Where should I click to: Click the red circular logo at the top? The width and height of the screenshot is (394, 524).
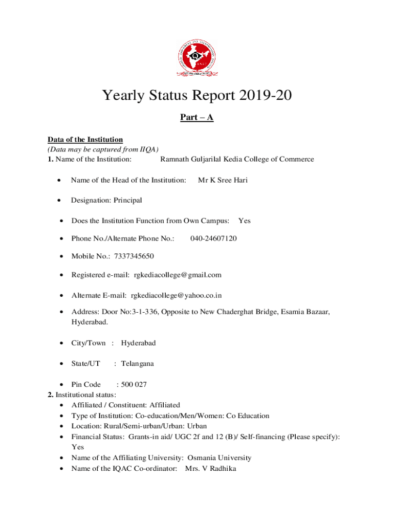pyautogui.click(x=196, y=57)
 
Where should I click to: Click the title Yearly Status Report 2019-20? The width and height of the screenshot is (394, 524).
pyautogui.click(x=196, y=96)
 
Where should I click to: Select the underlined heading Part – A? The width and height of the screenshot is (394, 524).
pyautogui.click(x=196, y=118)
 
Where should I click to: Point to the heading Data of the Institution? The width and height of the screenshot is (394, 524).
pyautogui.click(x=85, y=139)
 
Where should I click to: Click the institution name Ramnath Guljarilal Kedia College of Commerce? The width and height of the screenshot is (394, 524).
pyautogui.click(x=237, y=159)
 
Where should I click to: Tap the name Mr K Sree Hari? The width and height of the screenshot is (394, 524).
pyautogui.click(x=223, y=180)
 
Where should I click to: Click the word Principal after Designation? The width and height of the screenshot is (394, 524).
pyautogui.click(x=128, y=200)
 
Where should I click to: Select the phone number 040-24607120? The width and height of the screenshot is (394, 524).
pyautogui.click(x=213, y=238)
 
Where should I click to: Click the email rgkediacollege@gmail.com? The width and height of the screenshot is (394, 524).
pyautogui.click(x=178, y=275)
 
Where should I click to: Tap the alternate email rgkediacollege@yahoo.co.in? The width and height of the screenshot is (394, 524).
pyautogui.click(x=176, y=295)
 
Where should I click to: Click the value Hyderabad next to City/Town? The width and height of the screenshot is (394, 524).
pyautogui.click(x=138, y=343)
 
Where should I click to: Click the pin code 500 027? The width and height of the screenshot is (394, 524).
pyautogui.click(x=132, y=384)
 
